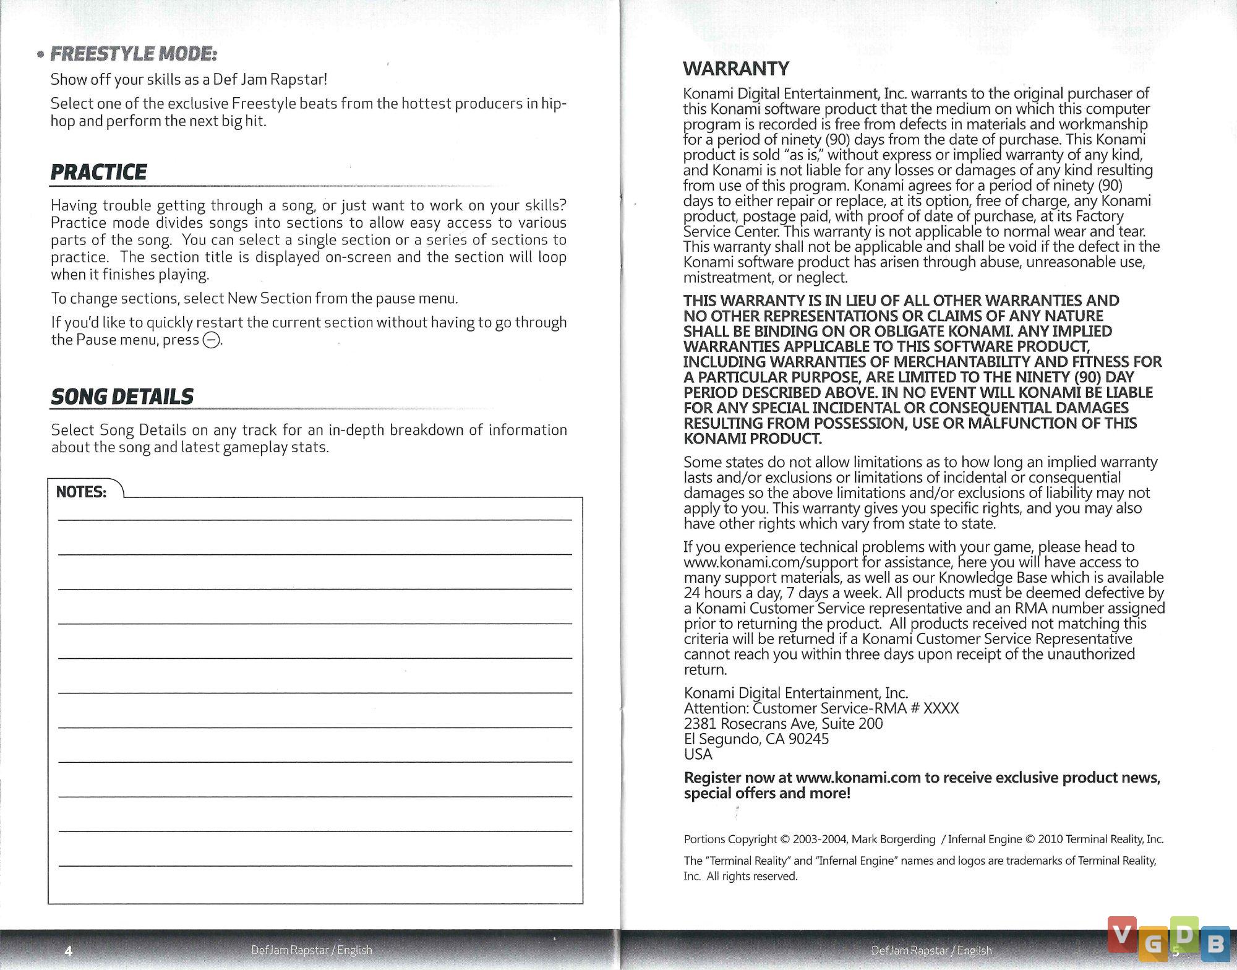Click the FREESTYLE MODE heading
tap(134, 54)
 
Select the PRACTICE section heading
tap(99, 172)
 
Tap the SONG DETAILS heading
tap(122, 397)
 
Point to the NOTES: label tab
tap(81, 492)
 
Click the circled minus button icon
tap(212, 340)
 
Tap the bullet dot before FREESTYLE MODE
tap(40, 56)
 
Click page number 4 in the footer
tap(69, 950)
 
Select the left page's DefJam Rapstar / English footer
tap(312, 950)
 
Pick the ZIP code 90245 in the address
tap(806, 739)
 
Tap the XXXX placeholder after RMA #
tap(941, 708)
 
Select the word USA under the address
tap(698, 755)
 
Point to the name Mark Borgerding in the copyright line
tap(893, 839)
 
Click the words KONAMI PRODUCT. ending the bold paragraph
tap(753, 439)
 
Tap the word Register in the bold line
tap(712, 778)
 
